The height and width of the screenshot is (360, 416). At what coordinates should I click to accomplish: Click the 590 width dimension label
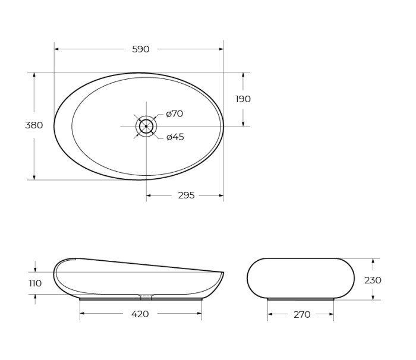[141, 49]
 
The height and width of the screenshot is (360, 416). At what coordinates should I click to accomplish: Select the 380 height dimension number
[34, 125]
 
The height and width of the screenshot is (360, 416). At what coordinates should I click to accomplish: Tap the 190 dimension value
[243, 99]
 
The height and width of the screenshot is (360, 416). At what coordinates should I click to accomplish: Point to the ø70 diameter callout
[175, 113]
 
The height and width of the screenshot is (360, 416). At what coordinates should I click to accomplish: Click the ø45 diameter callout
[175, 137]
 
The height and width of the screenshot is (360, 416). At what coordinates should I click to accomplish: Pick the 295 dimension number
[186, 195]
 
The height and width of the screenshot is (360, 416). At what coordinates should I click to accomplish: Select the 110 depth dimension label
[35, 283]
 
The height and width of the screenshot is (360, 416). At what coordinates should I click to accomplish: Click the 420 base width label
[140, 314]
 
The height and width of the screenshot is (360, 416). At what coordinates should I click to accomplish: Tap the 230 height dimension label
[373, 280]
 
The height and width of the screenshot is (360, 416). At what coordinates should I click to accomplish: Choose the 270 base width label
[302, 315]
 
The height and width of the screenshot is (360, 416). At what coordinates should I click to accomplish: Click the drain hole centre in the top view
[146, 126]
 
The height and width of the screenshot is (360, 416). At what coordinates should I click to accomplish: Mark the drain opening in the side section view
[146, 296]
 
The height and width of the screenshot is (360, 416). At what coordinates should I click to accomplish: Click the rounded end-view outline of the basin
[301, 278]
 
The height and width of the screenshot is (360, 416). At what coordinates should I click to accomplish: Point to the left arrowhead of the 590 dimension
[56, 49]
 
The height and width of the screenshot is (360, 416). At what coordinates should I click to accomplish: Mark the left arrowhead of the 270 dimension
[270, 315]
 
